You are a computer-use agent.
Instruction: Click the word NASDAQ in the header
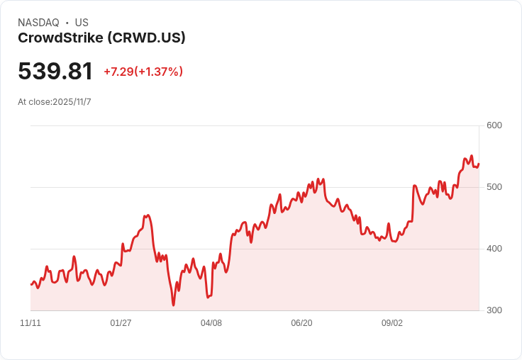pos(38,23)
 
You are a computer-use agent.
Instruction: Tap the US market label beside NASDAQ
pos(82,23)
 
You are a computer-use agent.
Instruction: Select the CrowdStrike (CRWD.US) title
pos(101,38)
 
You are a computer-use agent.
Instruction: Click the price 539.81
pos(55,72)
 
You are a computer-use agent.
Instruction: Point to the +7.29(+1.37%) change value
pos(143,72)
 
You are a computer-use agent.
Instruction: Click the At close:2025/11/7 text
pos(55,102)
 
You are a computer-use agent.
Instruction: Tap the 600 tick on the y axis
pos(494,125)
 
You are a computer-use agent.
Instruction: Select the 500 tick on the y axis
pos(494,187)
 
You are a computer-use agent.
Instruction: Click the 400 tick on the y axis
pos(494,249)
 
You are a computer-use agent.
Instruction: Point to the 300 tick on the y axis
pos(494,310)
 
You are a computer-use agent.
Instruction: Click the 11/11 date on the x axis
pos(30,323)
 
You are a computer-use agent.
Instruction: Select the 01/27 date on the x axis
pos(121,323)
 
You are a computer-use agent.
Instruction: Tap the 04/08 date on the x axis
pos(211,323)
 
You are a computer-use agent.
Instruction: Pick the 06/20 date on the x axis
pos(301,323)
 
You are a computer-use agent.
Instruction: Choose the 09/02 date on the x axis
pos(392,323)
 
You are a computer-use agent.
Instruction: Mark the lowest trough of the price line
pos(173,305)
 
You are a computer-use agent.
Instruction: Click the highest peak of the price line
pos(472,156)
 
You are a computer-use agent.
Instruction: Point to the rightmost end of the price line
pos(479,164)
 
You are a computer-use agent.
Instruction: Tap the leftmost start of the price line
pos(30,284)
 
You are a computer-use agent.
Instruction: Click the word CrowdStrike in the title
pos(59,38)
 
